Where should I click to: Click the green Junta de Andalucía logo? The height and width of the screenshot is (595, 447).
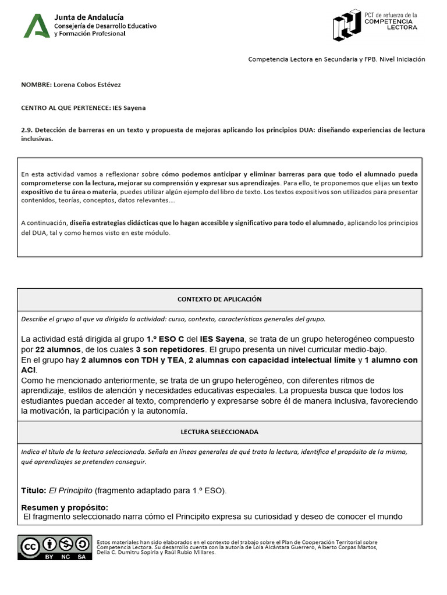click(x=36, y=26)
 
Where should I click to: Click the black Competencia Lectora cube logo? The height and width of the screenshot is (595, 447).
click(x=347, y=25)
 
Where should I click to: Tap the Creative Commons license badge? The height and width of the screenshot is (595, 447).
click(x=54, y=547)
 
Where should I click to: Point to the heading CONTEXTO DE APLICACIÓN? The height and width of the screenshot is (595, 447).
click(x=219, y=299)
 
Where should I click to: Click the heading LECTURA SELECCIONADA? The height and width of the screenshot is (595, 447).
click(x=219, y=432)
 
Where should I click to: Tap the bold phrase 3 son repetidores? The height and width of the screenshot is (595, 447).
click(x=170, y=349)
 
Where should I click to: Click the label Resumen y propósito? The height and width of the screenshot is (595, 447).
click(x=65, y=507)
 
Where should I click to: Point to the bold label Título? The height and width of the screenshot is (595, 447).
click(x=33, y=490)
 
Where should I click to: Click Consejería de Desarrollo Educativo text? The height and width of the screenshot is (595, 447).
click(x=105, y=26)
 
